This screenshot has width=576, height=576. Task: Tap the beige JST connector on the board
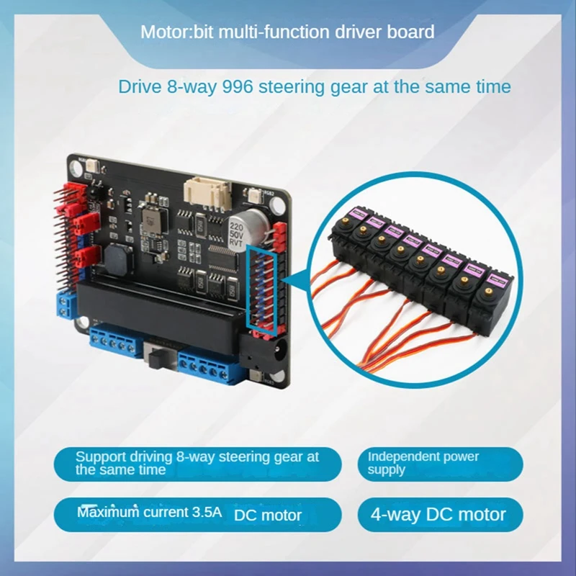207,191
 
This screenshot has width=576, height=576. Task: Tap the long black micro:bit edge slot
158,301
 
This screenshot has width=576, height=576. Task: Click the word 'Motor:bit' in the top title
170,32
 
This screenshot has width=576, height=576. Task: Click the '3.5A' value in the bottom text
208,513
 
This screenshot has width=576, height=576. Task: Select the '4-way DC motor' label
438,515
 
